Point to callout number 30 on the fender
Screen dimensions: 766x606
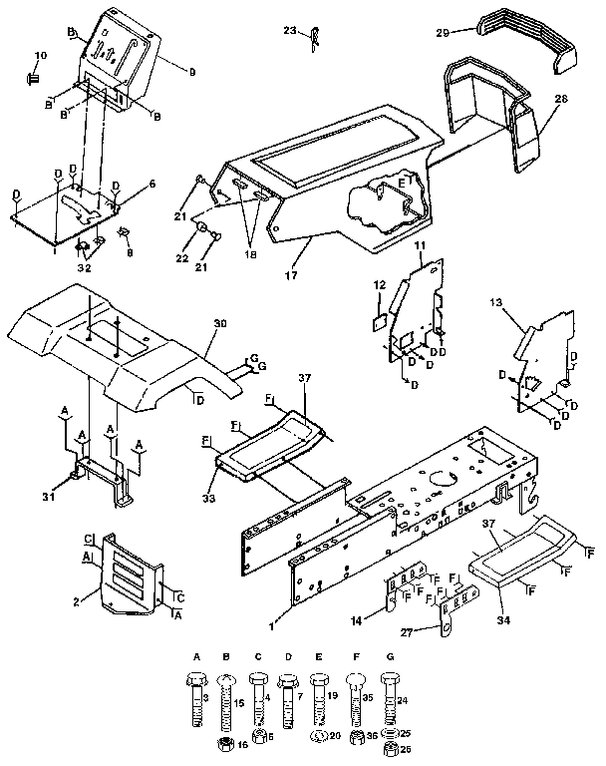pyautogui.click(x=219, y=323)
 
